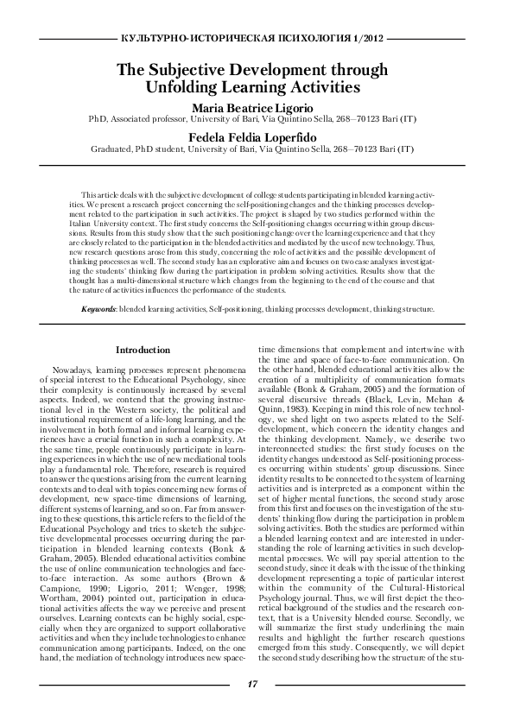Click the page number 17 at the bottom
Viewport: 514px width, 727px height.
tap(252, 685)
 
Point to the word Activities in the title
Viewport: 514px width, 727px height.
tap(320, 88)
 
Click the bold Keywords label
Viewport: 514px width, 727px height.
tap(98, 308)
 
